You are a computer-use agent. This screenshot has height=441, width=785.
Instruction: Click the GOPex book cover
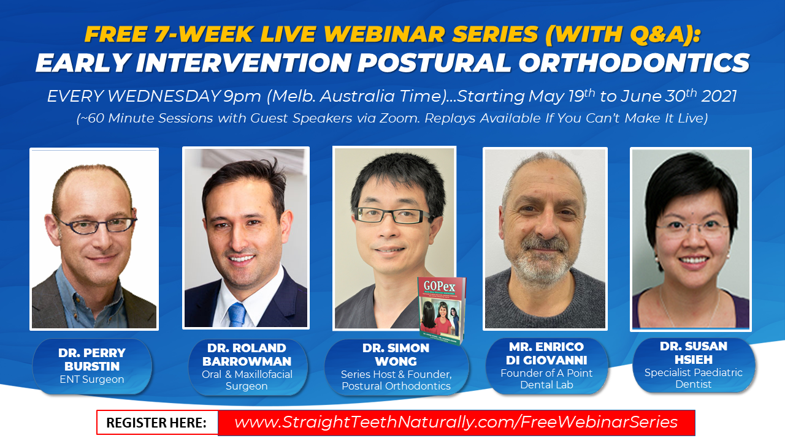442,311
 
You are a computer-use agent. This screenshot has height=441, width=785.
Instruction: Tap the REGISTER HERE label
156,423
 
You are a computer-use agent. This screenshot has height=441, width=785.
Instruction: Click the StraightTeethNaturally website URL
456,422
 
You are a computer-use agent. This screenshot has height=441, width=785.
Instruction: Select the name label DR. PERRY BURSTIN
92,360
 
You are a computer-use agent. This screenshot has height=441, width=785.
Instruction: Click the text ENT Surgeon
92,379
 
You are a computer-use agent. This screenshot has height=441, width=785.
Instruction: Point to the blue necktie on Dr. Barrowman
237,314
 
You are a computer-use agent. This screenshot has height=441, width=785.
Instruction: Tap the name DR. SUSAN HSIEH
694,353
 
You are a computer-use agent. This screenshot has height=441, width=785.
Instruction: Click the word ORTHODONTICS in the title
634,63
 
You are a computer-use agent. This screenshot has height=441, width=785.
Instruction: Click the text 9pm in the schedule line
242,97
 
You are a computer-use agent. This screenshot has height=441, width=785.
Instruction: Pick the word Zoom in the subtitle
399,118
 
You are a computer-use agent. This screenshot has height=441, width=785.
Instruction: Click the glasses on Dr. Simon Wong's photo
393,215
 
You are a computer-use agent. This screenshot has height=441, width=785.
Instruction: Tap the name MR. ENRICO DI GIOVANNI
546,353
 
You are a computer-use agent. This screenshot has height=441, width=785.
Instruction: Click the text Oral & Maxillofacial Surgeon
247,380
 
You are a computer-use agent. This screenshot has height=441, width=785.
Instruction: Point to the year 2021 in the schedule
719,96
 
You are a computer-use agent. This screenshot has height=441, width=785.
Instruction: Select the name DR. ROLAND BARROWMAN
247,355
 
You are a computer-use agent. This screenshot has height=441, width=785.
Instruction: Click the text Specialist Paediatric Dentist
694,379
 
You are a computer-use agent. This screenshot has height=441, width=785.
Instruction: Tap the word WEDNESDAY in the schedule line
164,96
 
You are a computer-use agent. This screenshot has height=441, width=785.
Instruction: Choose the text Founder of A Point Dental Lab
546,379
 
